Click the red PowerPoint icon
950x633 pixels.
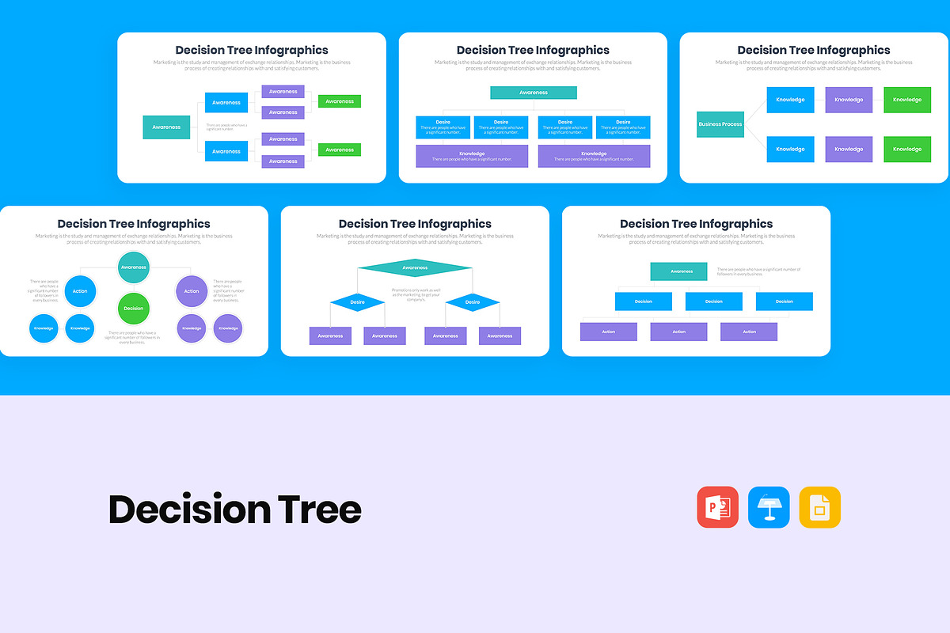click(717, 507)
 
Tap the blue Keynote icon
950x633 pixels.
click(769, 507)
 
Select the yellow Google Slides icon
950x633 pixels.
click(819, 507)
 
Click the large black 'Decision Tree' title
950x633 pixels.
click(234, 510)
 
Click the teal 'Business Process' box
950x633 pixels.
click(720, 124)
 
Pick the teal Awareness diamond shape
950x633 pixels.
click(415, 268)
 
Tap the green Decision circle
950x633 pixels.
click(134, 308)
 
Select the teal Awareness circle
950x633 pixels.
click(134, 267)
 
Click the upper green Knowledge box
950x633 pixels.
click(907, 100)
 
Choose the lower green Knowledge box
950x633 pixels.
click(907, 149)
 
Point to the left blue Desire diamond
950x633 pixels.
click(358, 301)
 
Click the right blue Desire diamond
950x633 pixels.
click(473, 301)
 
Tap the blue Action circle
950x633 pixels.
click(80, 291)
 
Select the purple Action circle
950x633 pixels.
click(192, 291)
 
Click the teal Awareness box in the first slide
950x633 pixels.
click(166, 127)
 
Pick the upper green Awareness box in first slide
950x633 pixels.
click(340, 101)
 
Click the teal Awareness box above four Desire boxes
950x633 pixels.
click(534, 93)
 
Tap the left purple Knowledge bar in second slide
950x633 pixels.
click(472, 156)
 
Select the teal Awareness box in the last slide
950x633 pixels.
click(678, 271)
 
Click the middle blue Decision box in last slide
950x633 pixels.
click(714, 301)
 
